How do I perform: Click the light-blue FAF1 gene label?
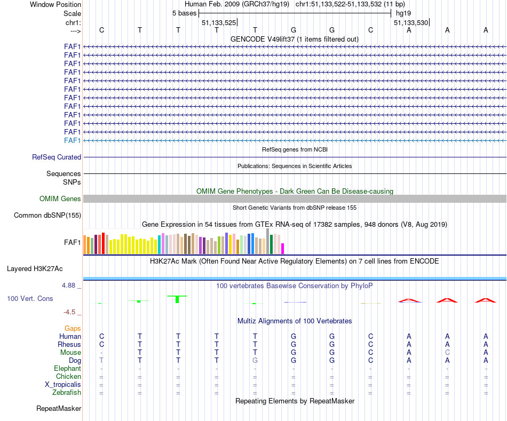[x=72, y=140]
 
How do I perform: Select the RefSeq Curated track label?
[x=57, y=157]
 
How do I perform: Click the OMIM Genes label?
[x=60, y=199]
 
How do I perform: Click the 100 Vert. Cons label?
[x=30, y=299]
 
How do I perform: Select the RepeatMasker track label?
[x=59, y=409]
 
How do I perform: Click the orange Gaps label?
[x=73, y=329]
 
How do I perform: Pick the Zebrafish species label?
[x=67, y=393]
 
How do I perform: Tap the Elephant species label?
[x=67, y=369]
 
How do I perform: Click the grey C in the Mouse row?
[x=447, y=353]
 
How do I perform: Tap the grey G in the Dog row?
[x=255, y=361]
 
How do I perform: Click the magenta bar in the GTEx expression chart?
[x=283, y=249]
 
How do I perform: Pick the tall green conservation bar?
[x=178, y=299]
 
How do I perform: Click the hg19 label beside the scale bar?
[x=403, y=12]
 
